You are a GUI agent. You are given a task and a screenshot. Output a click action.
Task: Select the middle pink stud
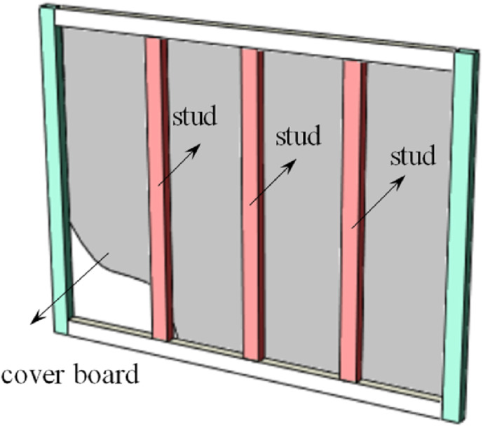(x=250, y=280)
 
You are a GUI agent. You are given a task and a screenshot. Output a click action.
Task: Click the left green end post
(x=55, y=168)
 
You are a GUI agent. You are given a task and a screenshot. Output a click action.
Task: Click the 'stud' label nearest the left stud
(x=194, y=116)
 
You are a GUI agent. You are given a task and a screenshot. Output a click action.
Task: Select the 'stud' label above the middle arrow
(x=297, y=136)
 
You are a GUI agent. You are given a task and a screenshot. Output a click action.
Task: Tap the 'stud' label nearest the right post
(x=412, y=156)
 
